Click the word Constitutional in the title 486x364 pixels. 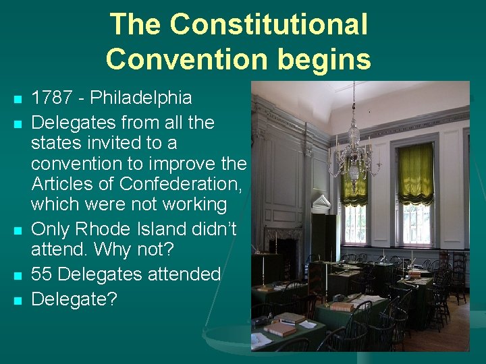click(x=269, y=25)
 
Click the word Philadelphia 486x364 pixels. click(x=141, y=98)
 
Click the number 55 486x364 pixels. click(x=44, y=274)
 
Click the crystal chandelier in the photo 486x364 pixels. click(x=352, y=152)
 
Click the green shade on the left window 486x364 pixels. click(x=354, y=185)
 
